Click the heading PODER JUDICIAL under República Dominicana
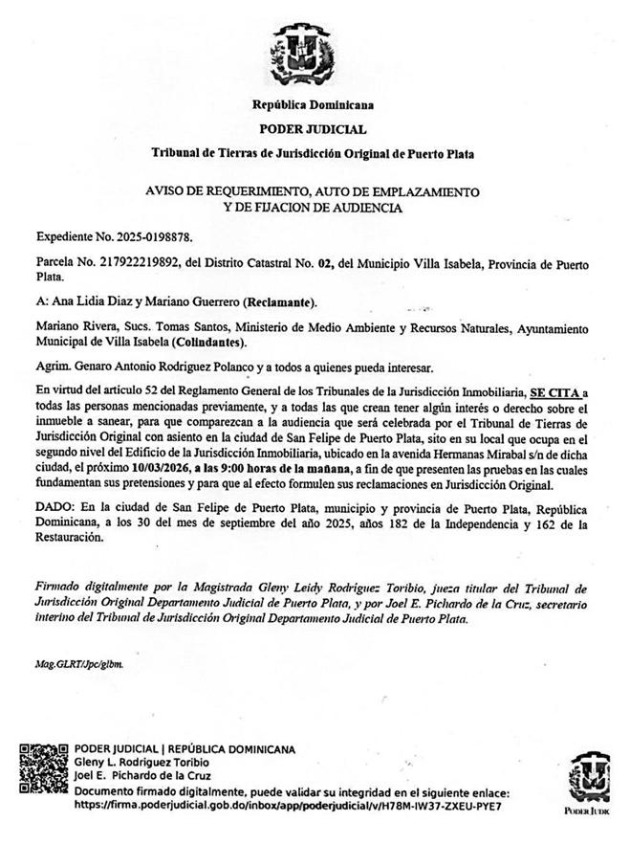(x=314, y=128)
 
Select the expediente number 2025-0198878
(x=161, y=235)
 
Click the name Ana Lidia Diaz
(x=92, y=303)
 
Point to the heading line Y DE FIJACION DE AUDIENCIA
(x=314, y=207)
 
